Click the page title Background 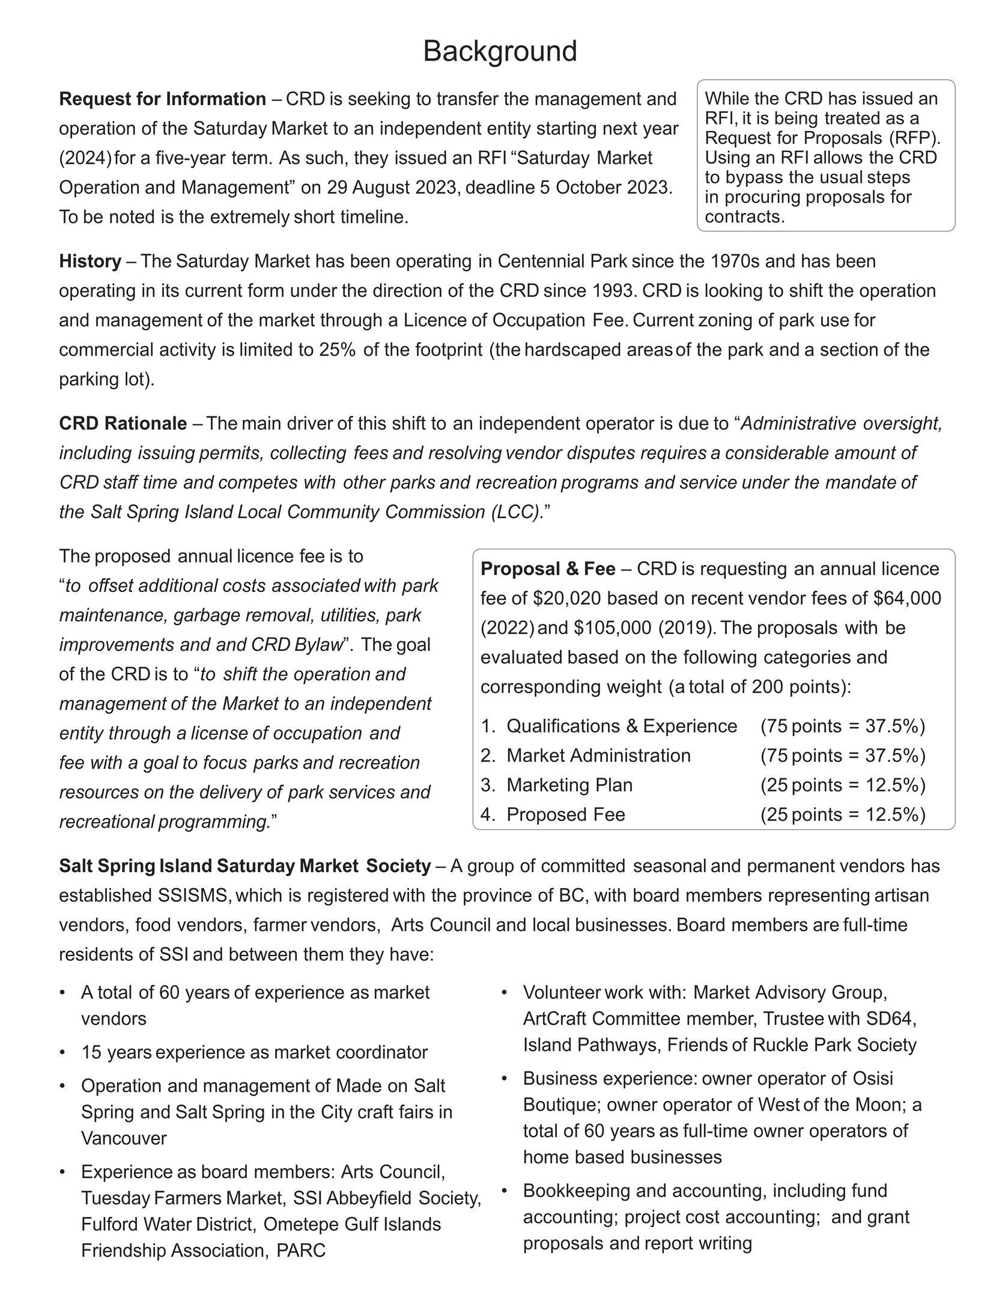500,51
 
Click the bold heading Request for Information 162,99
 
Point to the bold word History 90,261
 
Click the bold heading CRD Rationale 123,424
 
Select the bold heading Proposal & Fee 548,568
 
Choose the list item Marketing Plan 569,785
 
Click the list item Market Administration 598,755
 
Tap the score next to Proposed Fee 843,814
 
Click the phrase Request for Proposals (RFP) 822,138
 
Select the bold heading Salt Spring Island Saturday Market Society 244,866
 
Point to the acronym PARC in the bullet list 301,1251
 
